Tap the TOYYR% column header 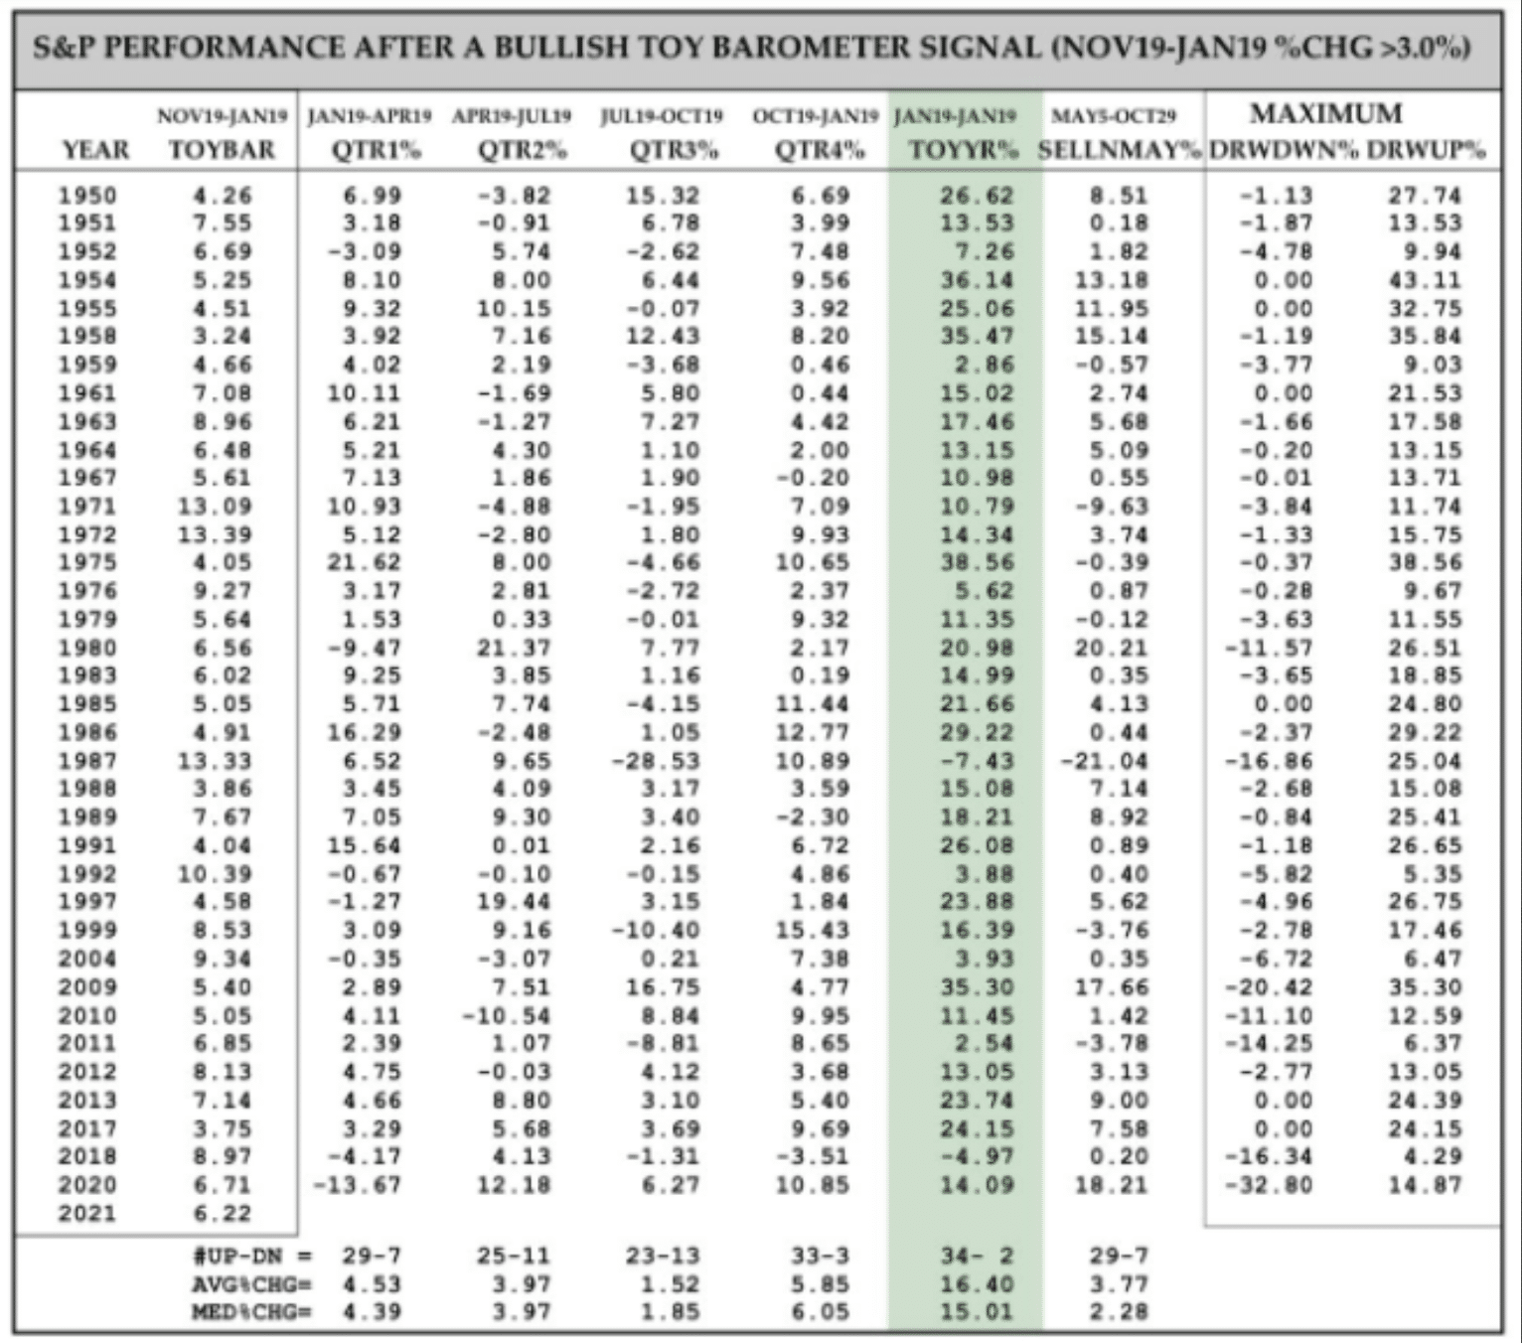pyautogui.click(x=964, y=150)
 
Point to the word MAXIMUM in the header pyautogui.click(x=1326, y=113)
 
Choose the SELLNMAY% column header pyautogui.click(x=1120, y=150)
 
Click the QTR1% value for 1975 pyautogui.click(x=365, y=562)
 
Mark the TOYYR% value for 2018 pyautogui.click(x=978, y=1156)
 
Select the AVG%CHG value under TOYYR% pyautogui.click(x=978, y=1284)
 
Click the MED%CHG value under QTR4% pyautogui.click(x=821, y=1312)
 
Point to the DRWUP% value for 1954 pyautogui.click(x=1426, y=280)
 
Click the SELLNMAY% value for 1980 pyautogui.click(x=1112, y=648)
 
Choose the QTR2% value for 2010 pyautogui.click(x=506, y=1015)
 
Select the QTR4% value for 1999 pyautogui.click(x=813, y=930)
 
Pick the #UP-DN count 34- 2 pyautogui.click(x=978, y=1257)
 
